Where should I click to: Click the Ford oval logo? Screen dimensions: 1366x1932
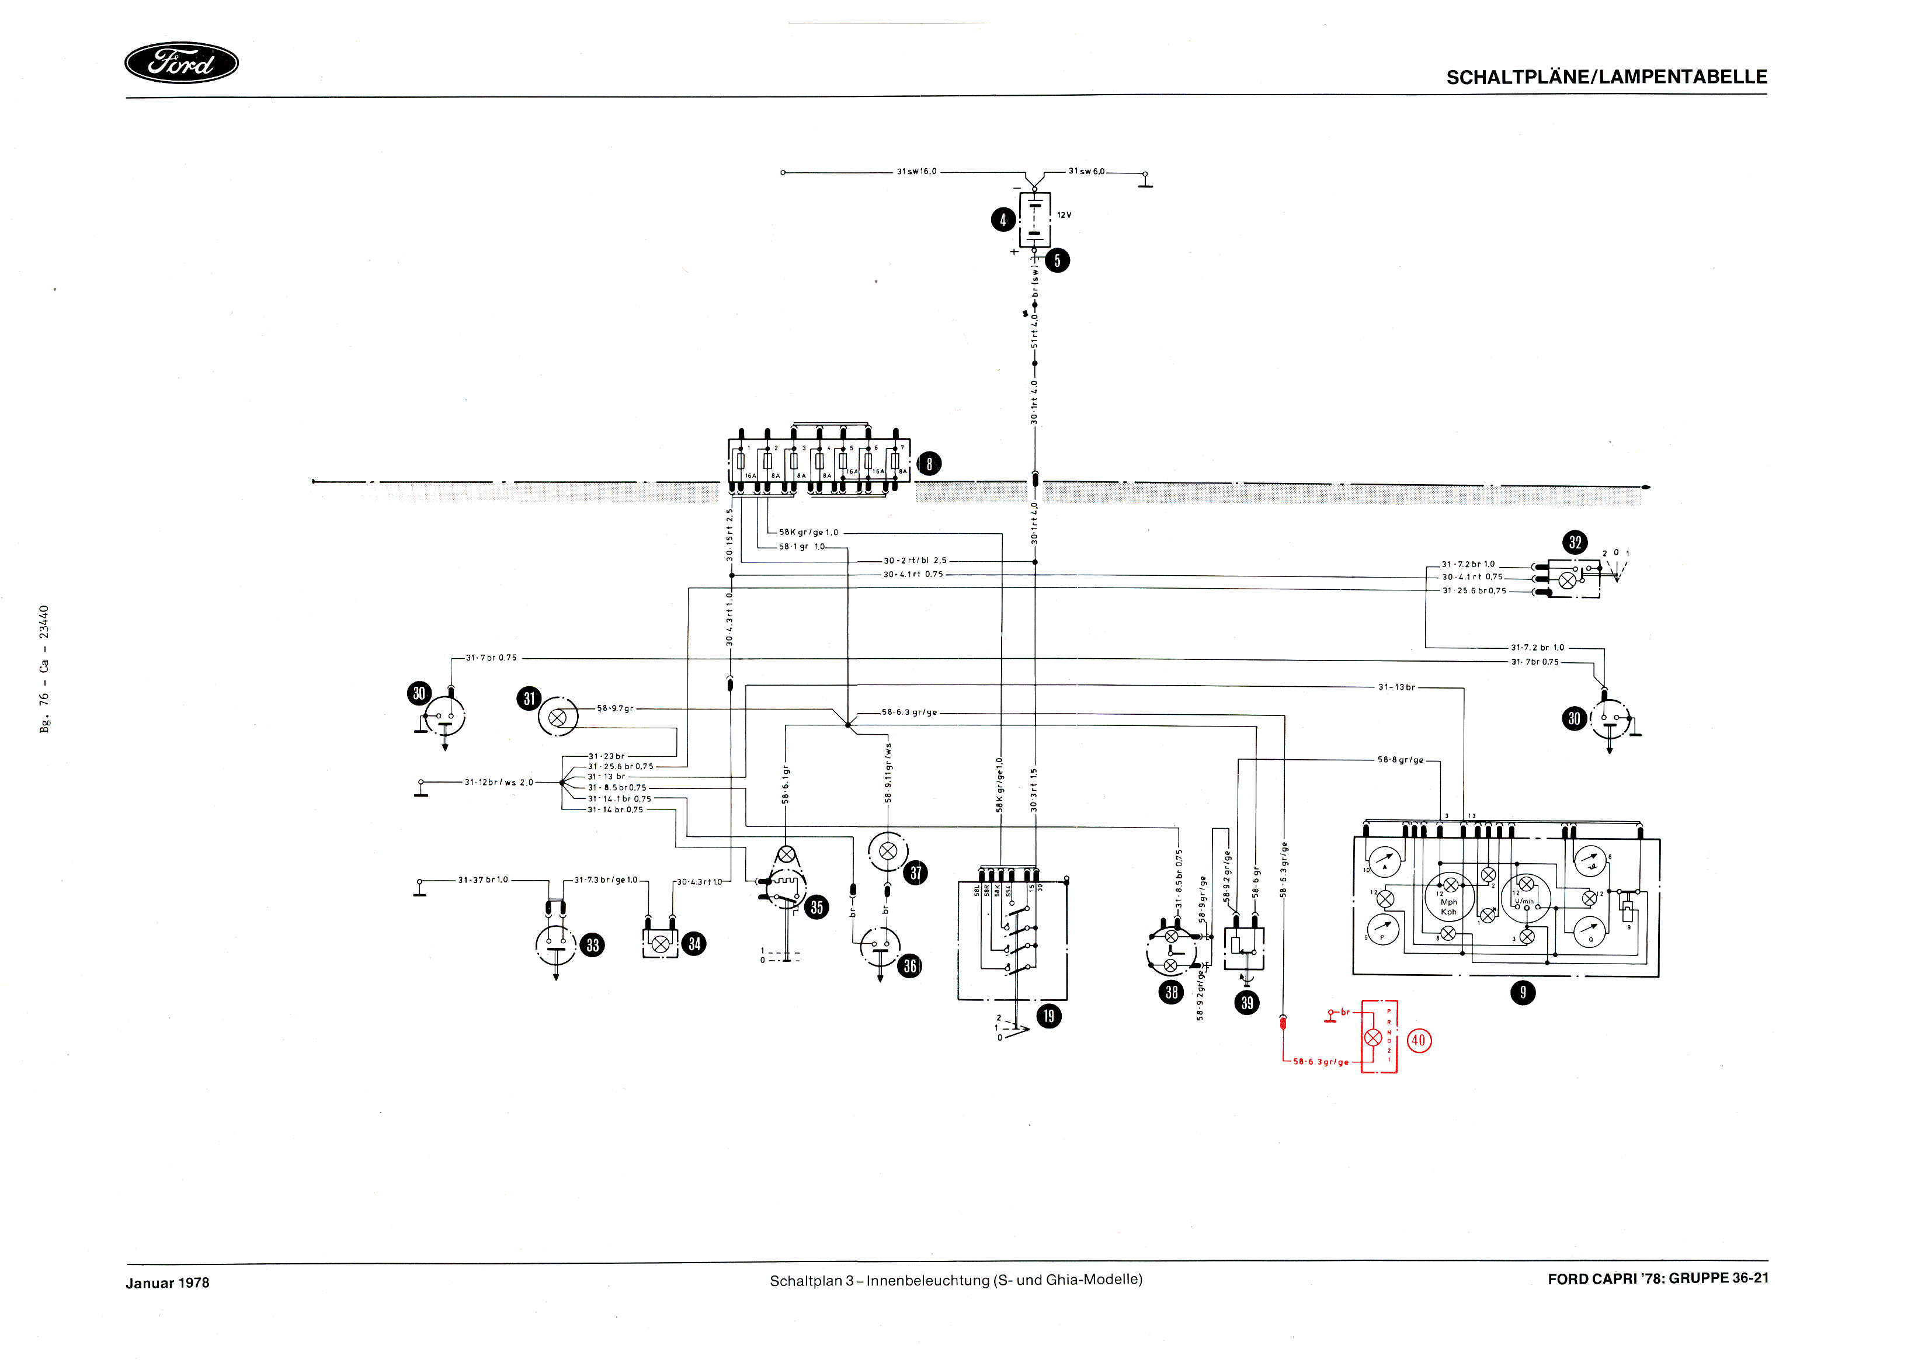(x=181, y=63)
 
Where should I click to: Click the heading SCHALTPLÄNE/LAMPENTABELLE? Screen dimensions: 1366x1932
(x=1606, y=78)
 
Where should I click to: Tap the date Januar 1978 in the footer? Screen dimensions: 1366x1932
(x=168, y=1282)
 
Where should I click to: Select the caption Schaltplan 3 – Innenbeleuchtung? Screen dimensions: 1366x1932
(x=955, y=1280)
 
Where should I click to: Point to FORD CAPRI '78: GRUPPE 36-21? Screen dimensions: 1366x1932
(x=1658, y=1278)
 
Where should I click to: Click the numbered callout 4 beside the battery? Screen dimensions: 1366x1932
(x=1002, y=220)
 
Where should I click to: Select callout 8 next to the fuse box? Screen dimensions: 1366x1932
(x=929, y=464)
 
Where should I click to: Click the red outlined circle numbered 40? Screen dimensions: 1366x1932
(x=1419, y=1040)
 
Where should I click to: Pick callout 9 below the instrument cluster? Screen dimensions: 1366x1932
(x=1522, y=993)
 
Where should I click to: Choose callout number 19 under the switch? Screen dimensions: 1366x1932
(x=1048, y=1016)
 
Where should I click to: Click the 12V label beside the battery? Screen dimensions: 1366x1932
(x=1065, y=215)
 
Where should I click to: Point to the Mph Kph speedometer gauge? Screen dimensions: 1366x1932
(x=1448, y=897)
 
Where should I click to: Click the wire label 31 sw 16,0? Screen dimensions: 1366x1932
(x=916, y=172)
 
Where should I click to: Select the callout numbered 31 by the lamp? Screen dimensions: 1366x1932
(x=529, y=698)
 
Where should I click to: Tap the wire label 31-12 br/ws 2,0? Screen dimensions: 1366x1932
(x=499, y=783)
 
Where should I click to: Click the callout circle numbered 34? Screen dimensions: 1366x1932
(x=694, y=944)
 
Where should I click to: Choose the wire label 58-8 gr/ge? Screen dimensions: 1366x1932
(x=1400, y=760)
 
